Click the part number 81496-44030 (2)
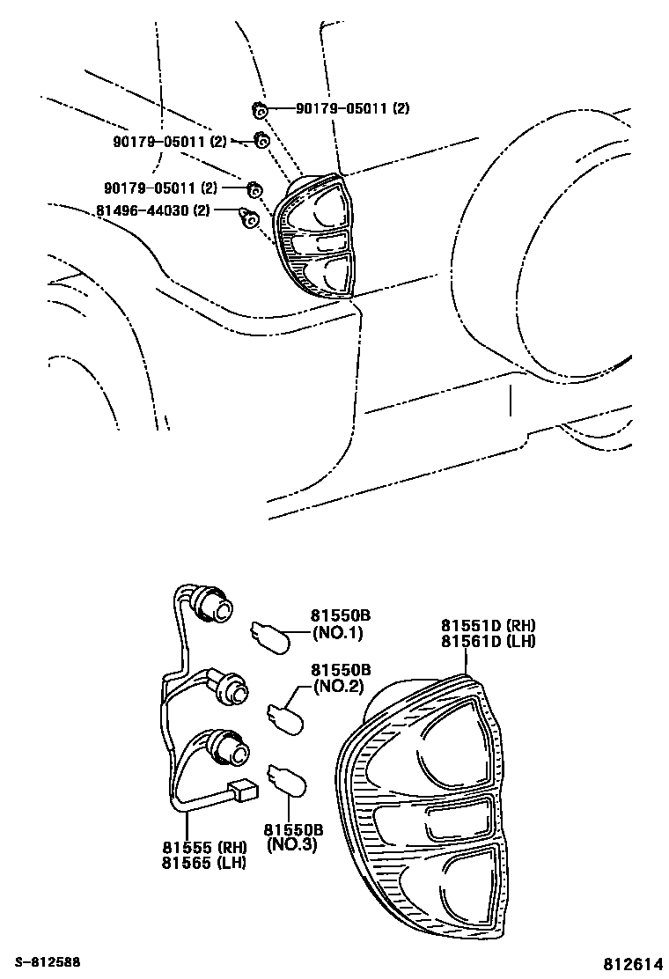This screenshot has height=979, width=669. tap(153, 211)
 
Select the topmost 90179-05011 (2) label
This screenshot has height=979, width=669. tap(353, 108)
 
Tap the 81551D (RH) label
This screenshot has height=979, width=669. tap(488, 626)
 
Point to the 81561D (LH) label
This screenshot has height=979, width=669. tap(488, 641)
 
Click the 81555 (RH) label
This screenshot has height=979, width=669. tap(205, 847)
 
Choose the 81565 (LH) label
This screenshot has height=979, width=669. tap(204, 863)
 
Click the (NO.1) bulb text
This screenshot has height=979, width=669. tap(338, 632)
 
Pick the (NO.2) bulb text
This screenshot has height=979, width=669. tap(338, 687)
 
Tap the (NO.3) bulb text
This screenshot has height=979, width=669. tap(292, 845)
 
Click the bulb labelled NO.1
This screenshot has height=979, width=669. tap(271, 637)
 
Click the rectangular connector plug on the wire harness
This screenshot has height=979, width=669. tap(244, 791)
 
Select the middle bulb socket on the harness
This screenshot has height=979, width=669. tap(230, 688)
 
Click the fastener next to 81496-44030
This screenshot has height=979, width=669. tap(250, 218)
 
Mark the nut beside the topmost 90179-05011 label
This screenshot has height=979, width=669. tap(261, 111)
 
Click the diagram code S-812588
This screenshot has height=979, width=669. tap(48, 962)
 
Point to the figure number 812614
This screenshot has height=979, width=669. tap(630, 963)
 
